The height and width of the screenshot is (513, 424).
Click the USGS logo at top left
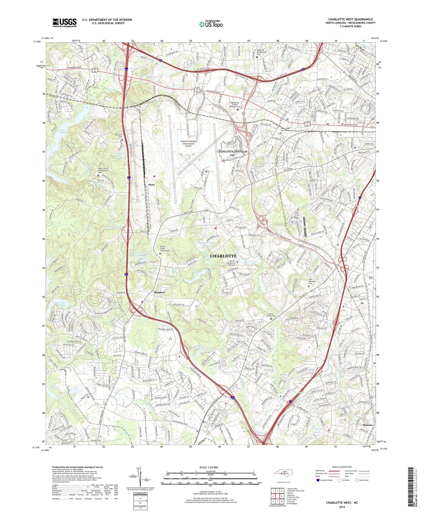pos(64,23)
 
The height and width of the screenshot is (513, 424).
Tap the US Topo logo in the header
pos(211,24)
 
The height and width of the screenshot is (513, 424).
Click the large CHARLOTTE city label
pos(223,256)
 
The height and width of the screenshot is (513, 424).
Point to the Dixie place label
pos(152,184)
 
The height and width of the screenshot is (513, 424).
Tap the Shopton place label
pos(159,292)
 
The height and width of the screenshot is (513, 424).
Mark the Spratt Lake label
pos(318,430)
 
